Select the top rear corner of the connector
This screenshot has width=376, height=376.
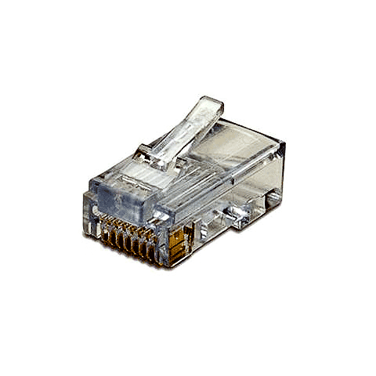[284, 145]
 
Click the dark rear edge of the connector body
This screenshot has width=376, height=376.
[282, 172]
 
